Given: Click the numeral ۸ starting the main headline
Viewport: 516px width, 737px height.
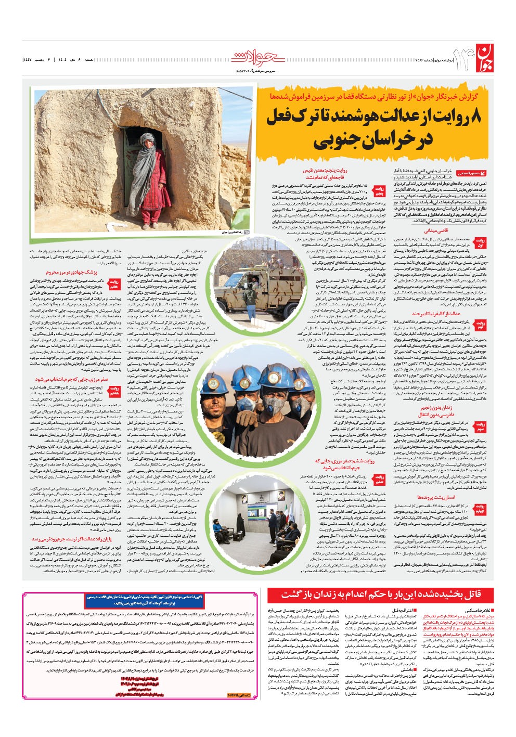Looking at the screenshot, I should (479, 118).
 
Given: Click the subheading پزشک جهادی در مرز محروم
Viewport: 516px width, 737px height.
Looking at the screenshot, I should (71, 271).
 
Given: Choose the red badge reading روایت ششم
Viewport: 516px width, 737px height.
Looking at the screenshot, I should (380, 479).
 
